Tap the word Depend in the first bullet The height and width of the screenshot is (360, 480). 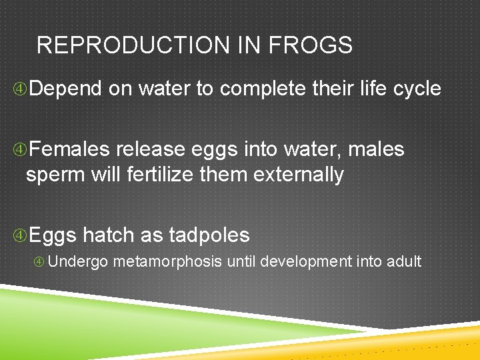(x=65, y=88)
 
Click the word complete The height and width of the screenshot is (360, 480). (x=263, y=89)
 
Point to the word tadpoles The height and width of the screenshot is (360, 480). (x=209, y=235)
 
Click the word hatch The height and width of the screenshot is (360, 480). (x=109, y=235)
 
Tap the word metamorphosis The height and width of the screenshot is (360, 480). (x=167, y=261)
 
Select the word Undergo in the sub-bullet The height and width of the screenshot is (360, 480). (x=78, y=261)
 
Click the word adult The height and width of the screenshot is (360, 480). (x=403, y=261)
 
